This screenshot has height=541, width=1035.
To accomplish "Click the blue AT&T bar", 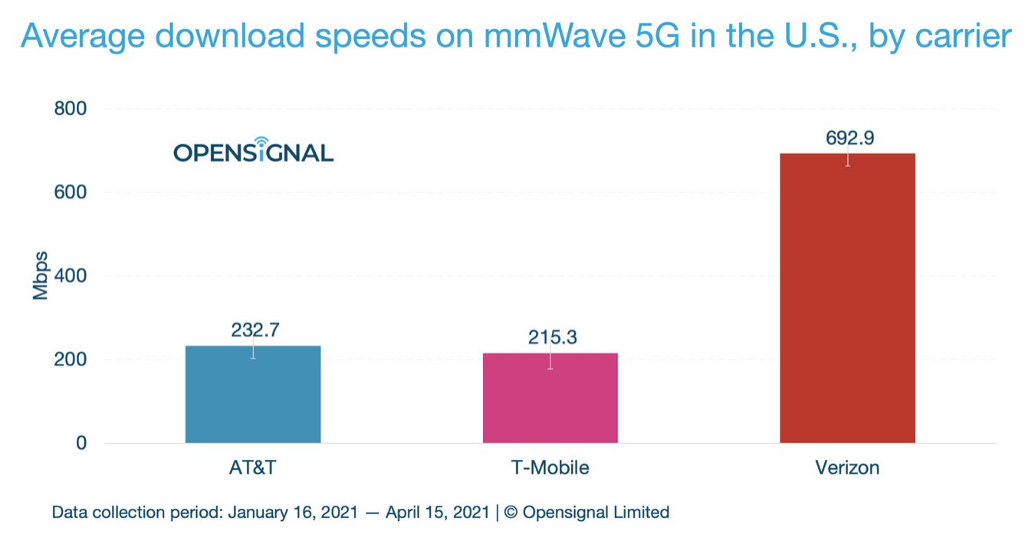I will click(x=253, y=394).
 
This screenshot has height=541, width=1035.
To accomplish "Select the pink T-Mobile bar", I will click(x=550, y=398).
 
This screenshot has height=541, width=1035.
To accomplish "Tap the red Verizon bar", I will click(x=847, y=298).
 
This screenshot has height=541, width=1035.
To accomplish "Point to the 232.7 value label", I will click(x=255, y=330).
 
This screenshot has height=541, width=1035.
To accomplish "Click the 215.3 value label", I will click(x=552, y=337).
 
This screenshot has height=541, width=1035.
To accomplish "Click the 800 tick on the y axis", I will click(x=70, y=109).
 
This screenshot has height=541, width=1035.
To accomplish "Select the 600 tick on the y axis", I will click(x=70, y=192).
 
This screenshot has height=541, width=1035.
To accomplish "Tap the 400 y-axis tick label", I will click(x=70, y=276).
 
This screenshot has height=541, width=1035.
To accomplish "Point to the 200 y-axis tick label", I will click(x=70, y=359).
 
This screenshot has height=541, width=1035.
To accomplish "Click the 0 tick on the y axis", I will click(x=80, y=443).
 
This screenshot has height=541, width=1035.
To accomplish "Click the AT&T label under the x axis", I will click(x=252, y=467).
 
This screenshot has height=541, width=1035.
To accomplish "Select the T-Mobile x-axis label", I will click(x=550, y=467).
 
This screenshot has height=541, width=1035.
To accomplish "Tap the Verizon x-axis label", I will click(x=847, y=467).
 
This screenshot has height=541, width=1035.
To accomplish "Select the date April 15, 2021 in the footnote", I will click(x=438, y=513).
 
